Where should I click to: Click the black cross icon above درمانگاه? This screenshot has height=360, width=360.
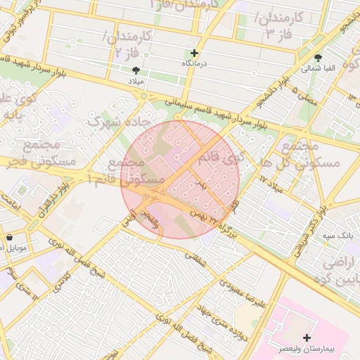(x=194, y=53)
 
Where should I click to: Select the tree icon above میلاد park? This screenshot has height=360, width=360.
(x=136, y=70)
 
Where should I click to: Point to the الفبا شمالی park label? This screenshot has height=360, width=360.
(x=319, y=69)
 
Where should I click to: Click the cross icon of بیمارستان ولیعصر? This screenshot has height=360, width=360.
(x=307, y=338)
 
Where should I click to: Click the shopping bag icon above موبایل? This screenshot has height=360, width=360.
(x=9, y=237)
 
